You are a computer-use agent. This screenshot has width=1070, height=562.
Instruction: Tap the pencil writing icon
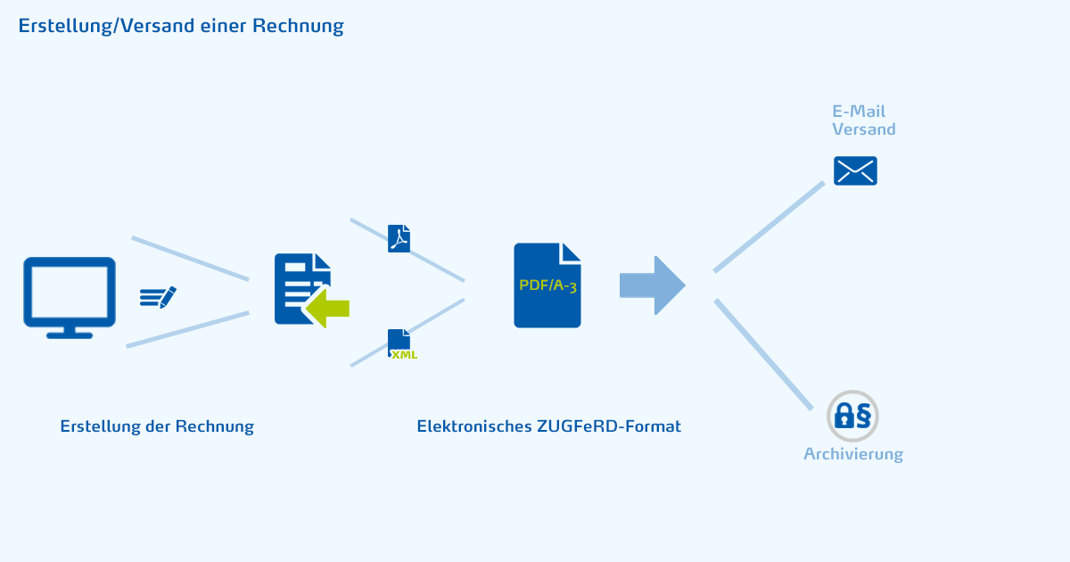click(x=159, y=297)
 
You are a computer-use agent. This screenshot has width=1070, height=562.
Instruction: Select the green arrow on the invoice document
click(x=328, y=308)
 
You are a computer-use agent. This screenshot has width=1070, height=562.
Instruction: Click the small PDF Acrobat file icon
click(x=399, y=238)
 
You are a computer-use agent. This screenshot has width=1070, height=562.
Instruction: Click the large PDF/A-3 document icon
click(x=547, y=285)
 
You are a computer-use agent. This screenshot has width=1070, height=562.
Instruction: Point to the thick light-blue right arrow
click(x=652, y=285)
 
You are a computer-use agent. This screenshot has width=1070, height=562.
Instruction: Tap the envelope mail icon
click(x=855, y=170)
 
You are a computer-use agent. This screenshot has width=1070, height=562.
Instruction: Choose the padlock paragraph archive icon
click(x=852, y=415)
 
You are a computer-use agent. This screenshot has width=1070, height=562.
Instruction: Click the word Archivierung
click(x=853, y=454)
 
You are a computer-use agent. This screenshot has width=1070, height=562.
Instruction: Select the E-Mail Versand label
click(x=863, y=120)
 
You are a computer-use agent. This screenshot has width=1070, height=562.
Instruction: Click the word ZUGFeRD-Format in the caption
click(x=609, y=426)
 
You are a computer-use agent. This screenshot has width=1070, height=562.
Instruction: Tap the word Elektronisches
click(x=474, y=426)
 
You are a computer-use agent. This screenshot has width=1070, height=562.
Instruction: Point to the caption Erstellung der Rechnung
click(x=157, y=426)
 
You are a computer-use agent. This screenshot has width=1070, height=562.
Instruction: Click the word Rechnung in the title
click(x=298, y=26)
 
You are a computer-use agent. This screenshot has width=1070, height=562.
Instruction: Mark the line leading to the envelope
click(x=769, y=227)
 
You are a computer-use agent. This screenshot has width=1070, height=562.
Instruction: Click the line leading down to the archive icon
click(x=763, y=354)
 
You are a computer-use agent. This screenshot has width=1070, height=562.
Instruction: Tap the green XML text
click(x=404, y=354)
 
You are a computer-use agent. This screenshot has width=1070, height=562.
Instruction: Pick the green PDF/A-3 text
click(x=547, y=285)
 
